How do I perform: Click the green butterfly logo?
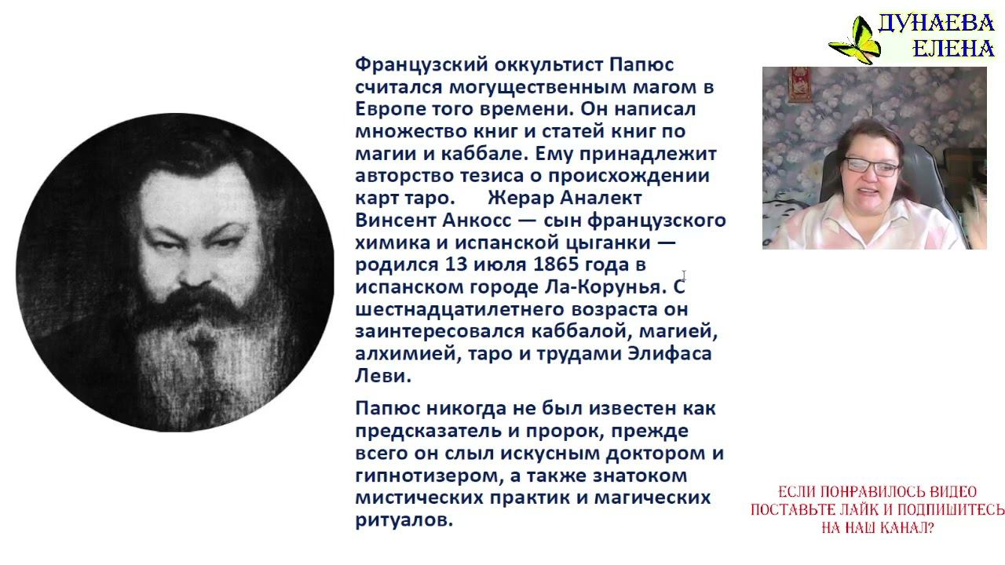point(854,40)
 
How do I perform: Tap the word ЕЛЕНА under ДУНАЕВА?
point(954,49)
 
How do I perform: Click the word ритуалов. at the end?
point(404,519)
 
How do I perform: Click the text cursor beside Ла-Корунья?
point(684,275)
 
